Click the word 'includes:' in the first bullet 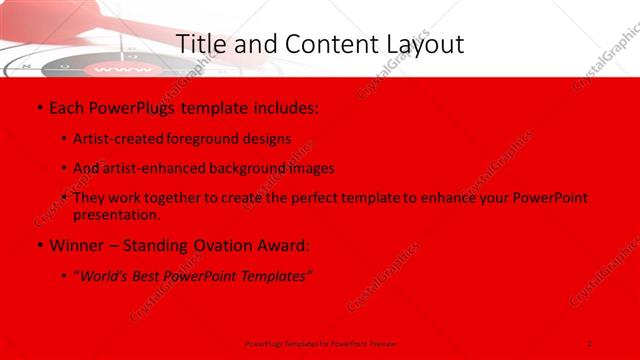[286, 106]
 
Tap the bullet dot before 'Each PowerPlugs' [38, 107]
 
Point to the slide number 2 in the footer [590, 343]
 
